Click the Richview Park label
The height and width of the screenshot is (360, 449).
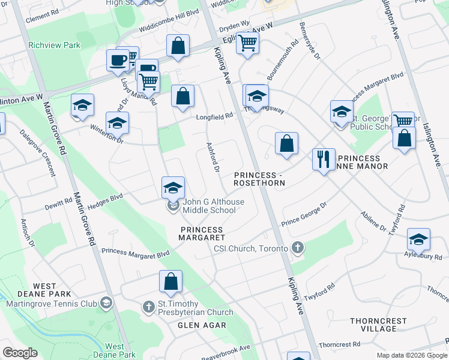point(54,44)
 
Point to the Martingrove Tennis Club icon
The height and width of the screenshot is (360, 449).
point(106,302)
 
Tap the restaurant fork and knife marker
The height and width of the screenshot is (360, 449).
point(324,160)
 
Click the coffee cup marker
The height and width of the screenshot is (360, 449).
point(118,60)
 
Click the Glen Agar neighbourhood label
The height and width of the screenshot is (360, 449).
point(202,325)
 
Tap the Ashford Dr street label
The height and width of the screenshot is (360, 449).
point(212,157)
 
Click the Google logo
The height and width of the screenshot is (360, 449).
point(20,353)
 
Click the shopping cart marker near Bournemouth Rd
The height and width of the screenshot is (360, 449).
point(247,43)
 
